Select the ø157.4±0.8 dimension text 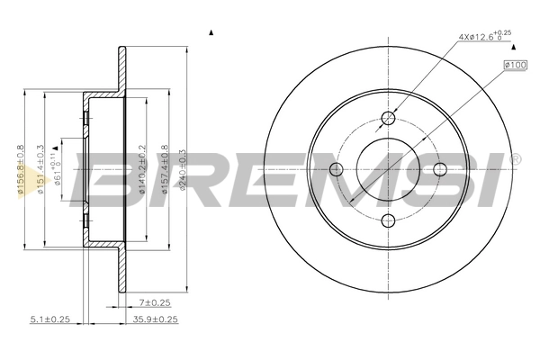click(x=164, y=168)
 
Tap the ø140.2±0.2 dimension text click(x=143, y=168)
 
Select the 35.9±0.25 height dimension click(x=155, y=319)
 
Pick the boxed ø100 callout click(x=516, y=65)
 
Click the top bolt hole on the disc click(x=388, y=118)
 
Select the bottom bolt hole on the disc click(x=388, y=220)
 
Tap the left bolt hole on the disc click(x=337, y=169)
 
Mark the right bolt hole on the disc click(x=439, y=169)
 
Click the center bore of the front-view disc click(x=388, y=169)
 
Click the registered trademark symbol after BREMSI click(x=515, y=160)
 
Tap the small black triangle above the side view click(x=211, y=34)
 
